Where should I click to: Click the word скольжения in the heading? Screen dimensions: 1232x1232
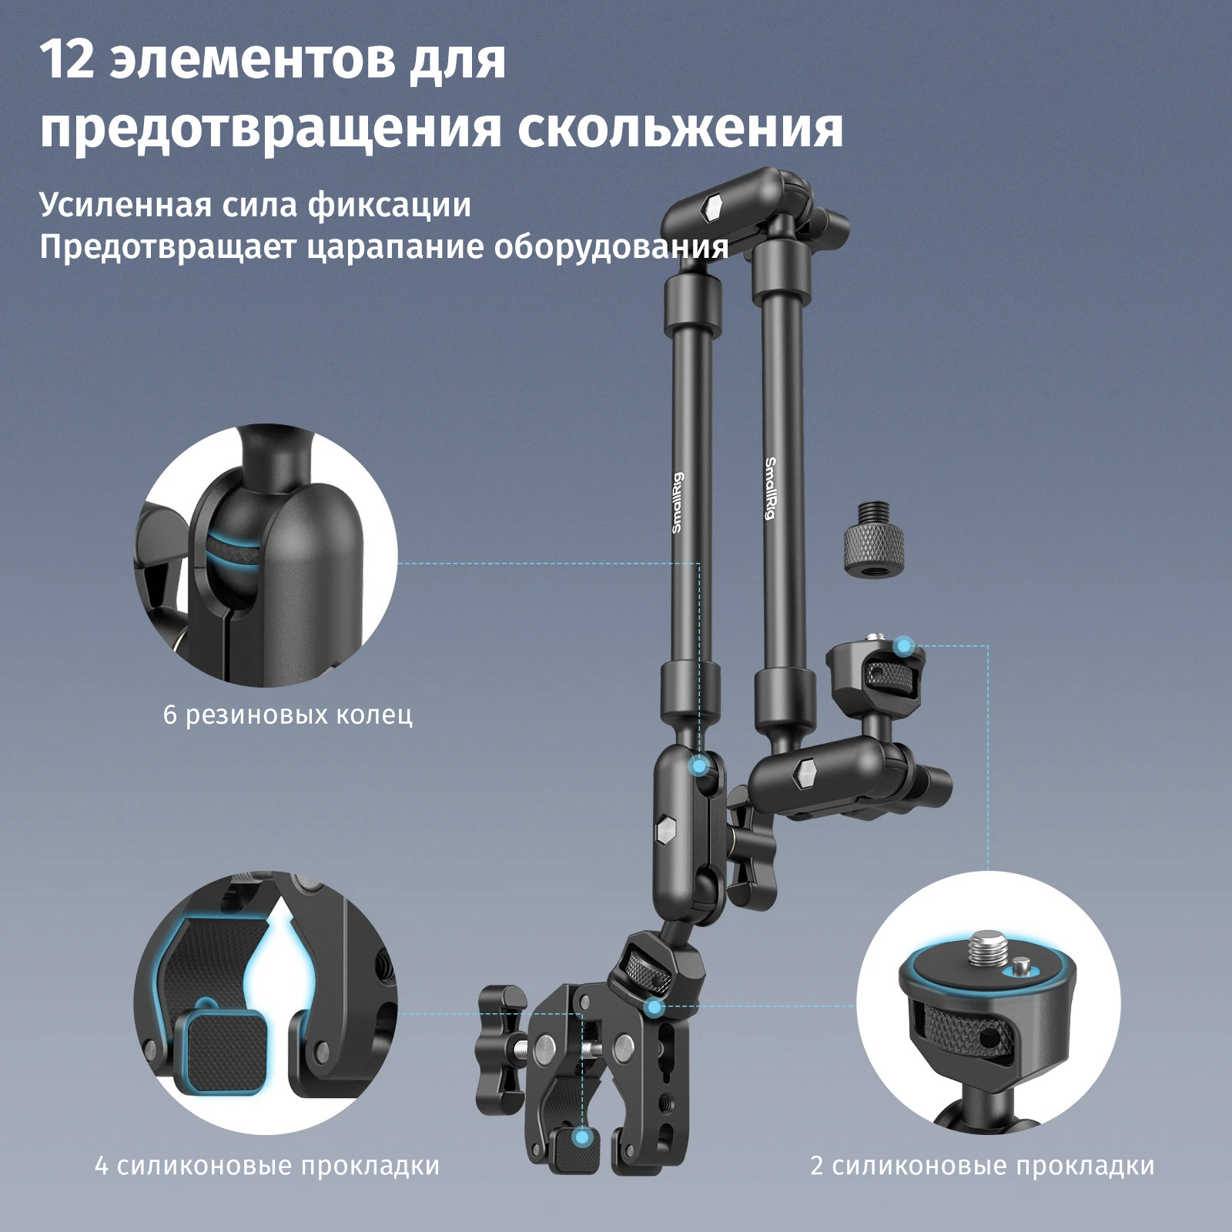(680, 128)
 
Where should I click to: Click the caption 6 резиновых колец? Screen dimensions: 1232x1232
(288, 715)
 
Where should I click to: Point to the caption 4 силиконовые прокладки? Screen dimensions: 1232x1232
(267, 1165)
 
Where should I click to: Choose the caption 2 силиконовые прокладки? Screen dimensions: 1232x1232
(983, 1165)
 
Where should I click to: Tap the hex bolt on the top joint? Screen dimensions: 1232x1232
(713, 207)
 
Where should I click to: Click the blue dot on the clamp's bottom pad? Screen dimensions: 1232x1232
(583, 1137)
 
